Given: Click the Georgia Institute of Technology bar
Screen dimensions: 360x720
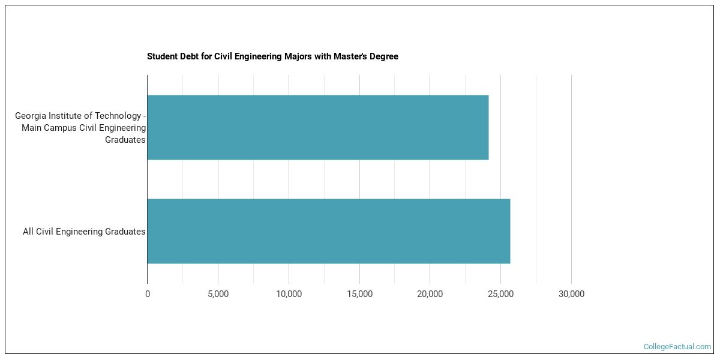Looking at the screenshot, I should [317, 127].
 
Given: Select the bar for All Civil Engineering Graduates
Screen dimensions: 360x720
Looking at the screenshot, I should [328, 231].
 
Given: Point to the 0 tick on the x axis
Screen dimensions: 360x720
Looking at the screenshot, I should [148, 294].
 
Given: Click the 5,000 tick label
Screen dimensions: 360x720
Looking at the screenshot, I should [218, 294].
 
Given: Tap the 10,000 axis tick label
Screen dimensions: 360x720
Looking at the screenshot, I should [289, 294].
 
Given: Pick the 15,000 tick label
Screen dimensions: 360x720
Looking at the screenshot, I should [359, 294].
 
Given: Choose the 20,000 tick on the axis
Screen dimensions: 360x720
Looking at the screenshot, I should [430, 294].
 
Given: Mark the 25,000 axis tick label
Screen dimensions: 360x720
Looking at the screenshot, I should [500, 294].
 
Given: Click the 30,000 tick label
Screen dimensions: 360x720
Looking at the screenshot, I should [571, 294].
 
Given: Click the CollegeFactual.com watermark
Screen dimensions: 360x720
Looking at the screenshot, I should [677, 347].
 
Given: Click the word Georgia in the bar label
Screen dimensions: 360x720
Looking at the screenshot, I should [32, 115].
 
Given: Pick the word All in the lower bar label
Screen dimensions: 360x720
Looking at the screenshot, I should [28, 232].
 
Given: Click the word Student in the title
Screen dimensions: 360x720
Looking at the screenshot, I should [162, 56].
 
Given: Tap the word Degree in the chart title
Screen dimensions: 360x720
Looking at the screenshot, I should [384, 56].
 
